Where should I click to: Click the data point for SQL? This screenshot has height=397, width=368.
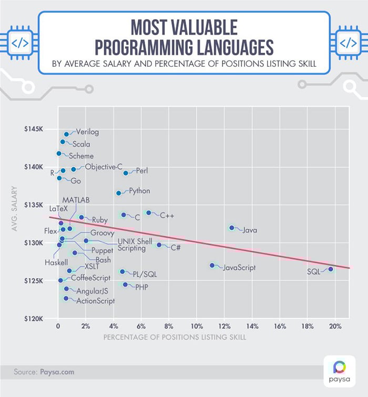coord(331,269)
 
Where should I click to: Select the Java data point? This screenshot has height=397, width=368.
coord(231,228)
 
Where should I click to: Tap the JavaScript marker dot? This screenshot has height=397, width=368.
coord(212,266)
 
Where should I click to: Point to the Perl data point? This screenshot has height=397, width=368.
coord(126,173)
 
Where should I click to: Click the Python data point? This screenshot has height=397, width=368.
coord(118,193)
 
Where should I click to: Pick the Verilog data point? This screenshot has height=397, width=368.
coord(66,134)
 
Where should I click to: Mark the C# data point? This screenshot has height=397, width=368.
coord(159,245)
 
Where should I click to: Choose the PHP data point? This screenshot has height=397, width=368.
coord(125,284)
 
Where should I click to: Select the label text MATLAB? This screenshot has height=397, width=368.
coord(76,200)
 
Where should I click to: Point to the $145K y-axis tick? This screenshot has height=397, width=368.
coord(38,129)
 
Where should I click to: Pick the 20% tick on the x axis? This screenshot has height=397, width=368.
coord(335,326)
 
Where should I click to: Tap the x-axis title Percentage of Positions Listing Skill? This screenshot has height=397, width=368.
coord(175,337)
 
